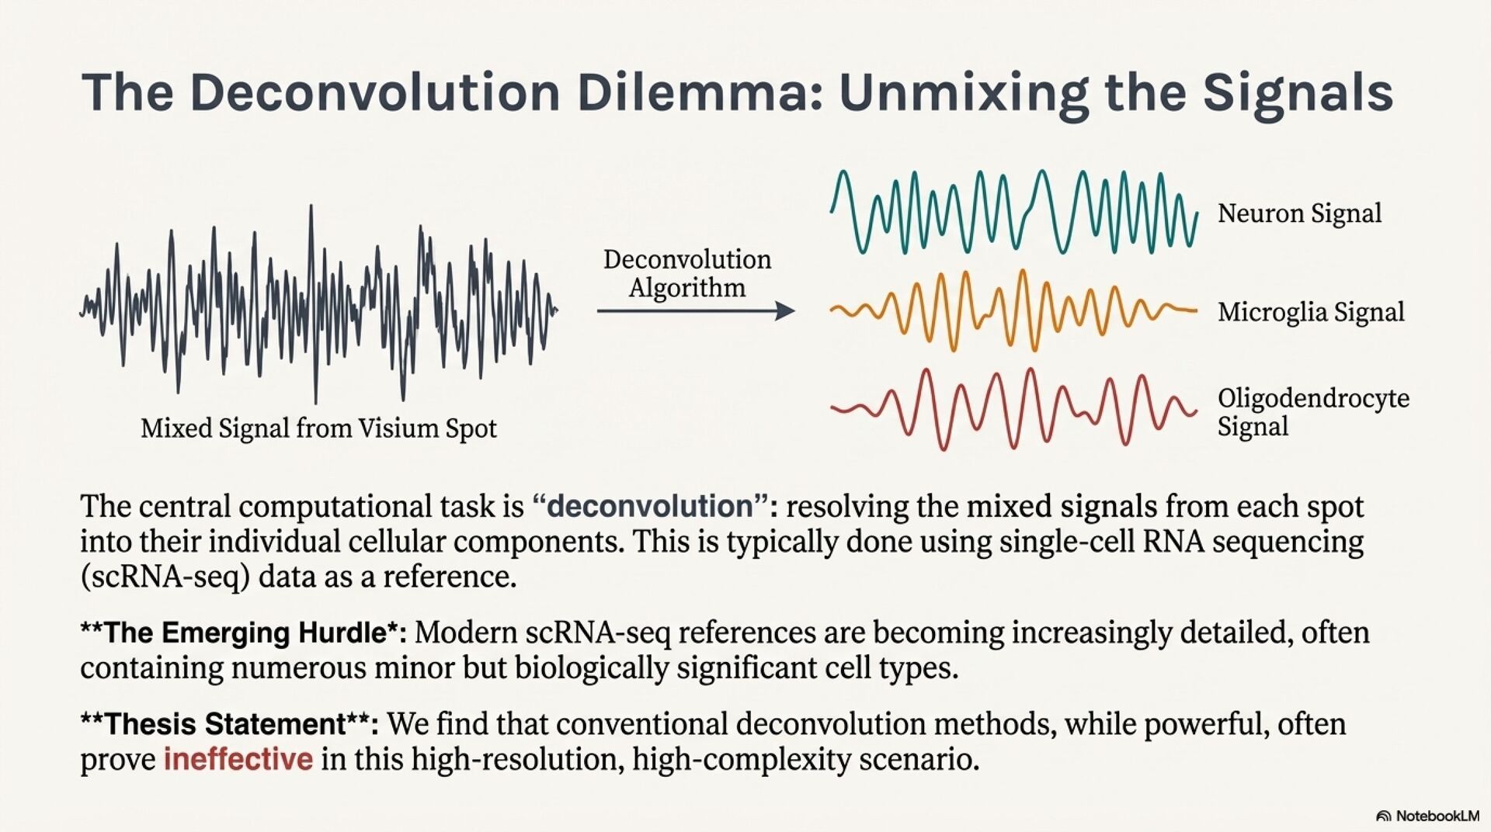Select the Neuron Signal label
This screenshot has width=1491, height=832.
[1299, 213]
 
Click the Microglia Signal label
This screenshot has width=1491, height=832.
[1311, 312]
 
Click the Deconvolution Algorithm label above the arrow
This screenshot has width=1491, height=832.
[687, 273]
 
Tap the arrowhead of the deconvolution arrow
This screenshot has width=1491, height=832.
[785, 311]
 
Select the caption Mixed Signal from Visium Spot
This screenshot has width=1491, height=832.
[318, 428]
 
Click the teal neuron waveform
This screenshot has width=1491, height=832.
[1013, 211]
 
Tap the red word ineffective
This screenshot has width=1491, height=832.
[238, 758]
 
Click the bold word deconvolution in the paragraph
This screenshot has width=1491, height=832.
[650, 506]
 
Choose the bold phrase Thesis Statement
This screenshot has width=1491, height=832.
[225, 724]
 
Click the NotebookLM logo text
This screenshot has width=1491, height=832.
[1437, 816]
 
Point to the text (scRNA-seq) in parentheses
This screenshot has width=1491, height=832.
[165, 577]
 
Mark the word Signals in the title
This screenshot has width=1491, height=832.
[1298, 92]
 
